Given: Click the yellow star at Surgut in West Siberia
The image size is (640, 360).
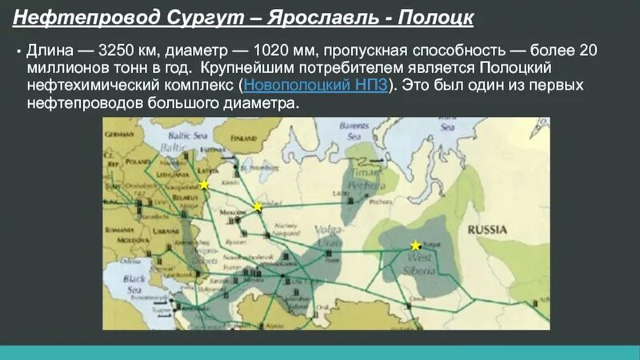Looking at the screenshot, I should pos(415,245).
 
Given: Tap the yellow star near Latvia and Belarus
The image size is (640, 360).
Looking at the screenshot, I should pos(204,185).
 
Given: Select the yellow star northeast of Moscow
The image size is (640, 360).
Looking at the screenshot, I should pos(258,207).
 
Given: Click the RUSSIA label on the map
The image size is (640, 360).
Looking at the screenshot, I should pos(487,230).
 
